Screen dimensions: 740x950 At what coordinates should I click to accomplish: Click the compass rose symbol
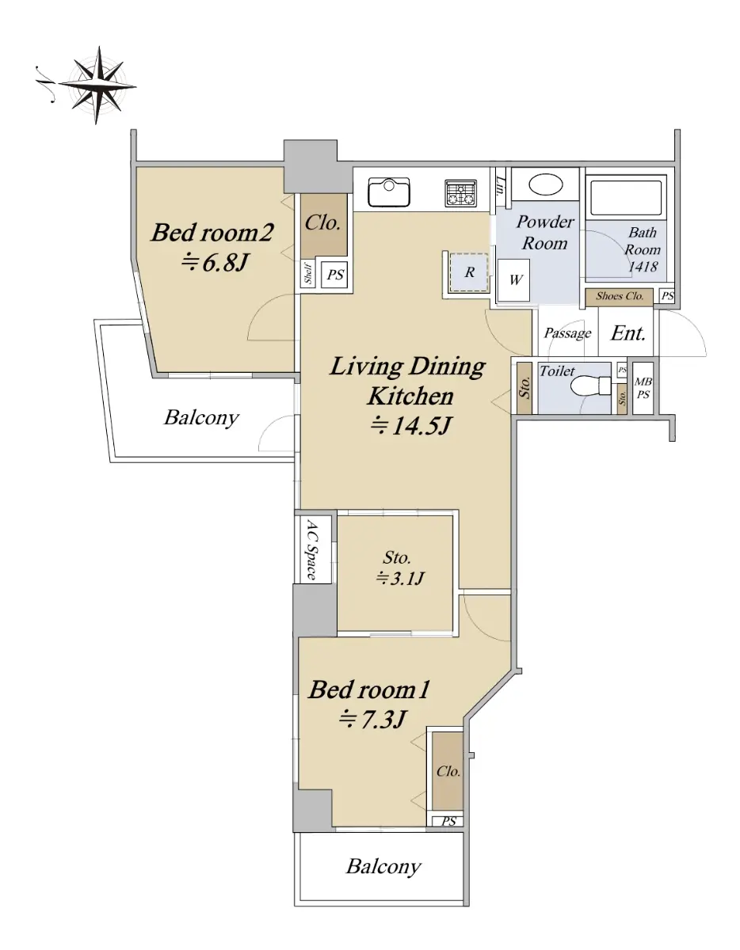point(97,85)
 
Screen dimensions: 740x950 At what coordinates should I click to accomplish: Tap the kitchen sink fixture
point(389,192)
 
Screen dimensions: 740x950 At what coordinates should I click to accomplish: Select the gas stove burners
point(460,193)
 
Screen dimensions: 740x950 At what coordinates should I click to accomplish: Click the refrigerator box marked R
point(469,272)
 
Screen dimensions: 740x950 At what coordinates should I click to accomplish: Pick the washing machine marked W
point(514,279)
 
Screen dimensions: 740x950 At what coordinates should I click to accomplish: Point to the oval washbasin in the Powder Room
point(545,185)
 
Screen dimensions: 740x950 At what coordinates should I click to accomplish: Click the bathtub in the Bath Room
point(625,197)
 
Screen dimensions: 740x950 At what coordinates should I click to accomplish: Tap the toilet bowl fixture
point(590,386)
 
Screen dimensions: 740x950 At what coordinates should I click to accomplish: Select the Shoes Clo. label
point(620,296)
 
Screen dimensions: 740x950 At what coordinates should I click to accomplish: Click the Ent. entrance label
point(628,333)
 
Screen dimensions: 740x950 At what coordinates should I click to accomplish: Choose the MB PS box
point(643,388)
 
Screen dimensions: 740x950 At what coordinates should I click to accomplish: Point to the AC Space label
point(311,549)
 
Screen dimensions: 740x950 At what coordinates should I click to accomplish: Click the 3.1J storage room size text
point(400,579)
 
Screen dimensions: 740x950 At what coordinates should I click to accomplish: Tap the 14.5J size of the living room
point(410,425)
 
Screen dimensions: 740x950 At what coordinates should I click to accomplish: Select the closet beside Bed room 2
point(323,224)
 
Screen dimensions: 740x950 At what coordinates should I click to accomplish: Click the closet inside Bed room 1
point(448,771)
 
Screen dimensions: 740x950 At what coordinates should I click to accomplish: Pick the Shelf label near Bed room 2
point(308,274)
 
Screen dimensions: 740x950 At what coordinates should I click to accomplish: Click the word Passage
point(567,333)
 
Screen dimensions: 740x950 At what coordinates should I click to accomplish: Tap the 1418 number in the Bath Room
point(643,266)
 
